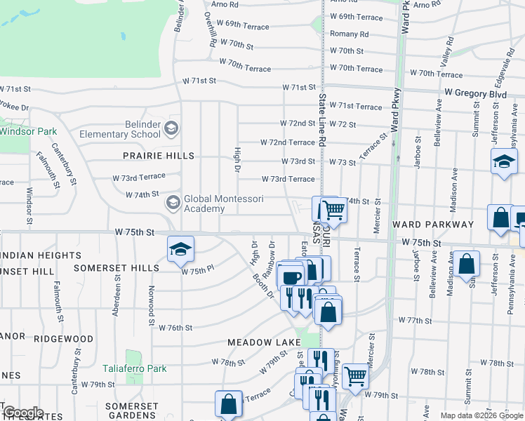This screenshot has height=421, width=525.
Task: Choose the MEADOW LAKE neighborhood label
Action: pyautogui.click(x=264, y=342)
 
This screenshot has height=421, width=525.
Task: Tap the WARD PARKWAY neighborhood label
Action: pyautogui.click(x=433, y=225)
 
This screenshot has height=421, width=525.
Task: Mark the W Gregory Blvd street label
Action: pyautogui.click(x=475, y=94)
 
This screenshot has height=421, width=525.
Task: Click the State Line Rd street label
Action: pyautogui.click(x=322, y=120)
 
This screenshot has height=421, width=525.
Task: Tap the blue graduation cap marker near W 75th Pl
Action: pyautogui.click(x=180, y=248)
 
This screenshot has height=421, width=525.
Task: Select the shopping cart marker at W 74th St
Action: pyautogui.click(x=334, y=209)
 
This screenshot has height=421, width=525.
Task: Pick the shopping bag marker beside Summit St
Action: pyautogui.click(x=467, y=265)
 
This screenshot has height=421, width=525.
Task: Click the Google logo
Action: pyautogui.click(x=23, y=413)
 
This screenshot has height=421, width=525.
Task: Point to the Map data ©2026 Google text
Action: pyautogui.click(x=481, y=415)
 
